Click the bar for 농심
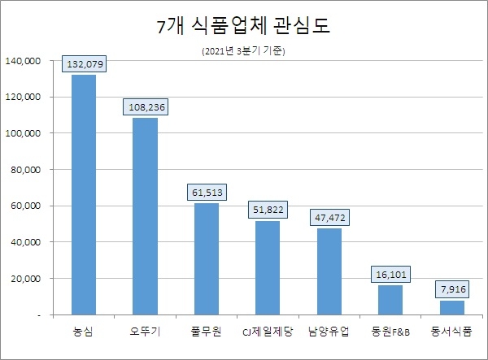(83, 194)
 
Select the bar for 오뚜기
(145, 216)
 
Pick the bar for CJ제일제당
(268, 267)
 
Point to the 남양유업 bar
(329, 271)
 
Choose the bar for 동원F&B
(390, 300)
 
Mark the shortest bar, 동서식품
(451, 307)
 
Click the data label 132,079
(84, 63)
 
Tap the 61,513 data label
(206, 192)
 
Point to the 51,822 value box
(268, 210)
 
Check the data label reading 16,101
(390, 275)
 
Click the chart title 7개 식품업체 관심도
(243, 27)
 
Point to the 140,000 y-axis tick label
(23, 61)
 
